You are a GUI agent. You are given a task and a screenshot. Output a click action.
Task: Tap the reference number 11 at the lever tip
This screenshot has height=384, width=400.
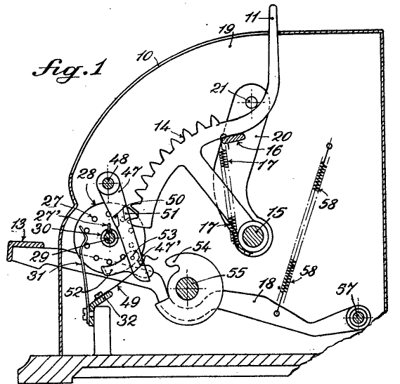point(252,18)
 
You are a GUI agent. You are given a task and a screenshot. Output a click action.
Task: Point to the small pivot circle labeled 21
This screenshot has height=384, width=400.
point(251,102)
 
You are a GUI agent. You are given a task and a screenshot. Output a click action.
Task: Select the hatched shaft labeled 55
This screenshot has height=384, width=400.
point(187,288)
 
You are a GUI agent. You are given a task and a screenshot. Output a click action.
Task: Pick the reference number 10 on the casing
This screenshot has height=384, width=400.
point(145,56)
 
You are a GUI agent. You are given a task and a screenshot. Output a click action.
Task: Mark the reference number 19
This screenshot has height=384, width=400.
point(227,29)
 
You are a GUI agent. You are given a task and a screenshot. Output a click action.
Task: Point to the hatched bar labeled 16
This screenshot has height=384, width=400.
point(233,138)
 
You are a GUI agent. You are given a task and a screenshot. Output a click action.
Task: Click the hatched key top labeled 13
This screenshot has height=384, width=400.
point(25,245)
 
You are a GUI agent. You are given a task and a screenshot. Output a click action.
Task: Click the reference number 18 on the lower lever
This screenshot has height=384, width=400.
point(267,283)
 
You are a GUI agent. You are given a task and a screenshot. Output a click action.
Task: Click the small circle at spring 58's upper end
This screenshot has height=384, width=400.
point(329,146)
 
